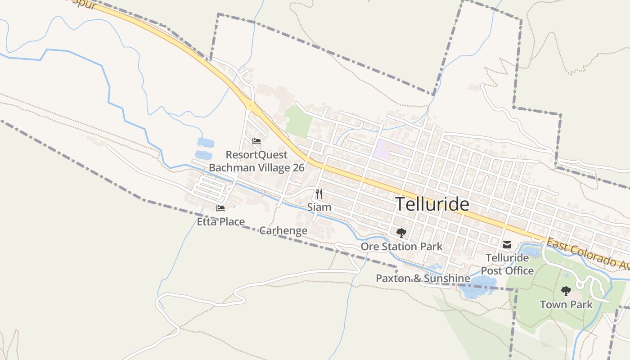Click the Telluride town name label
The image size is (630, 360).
[432, 204]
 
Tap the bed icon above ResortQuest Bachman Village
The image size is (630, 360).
[256, 141]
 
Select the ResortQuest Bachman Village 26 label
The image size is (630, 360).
[256, 161]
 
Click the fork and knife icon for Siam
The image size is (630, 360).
[319, 194]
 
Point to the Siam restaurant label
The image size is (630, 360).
[319, 207]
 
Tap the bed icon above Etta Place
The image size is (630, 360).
[220, 208]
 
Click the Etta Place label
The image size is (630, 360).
[221, 222]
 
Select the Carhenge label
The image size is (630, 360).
[283, 231]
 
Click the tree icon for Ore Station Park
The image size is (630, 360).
[401, 233]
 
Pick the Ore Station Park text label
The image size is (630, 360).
[401, 247]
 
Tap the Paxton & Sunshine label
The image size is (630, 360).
[423, 279]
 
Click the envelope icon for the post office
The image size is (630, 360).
[507, 245]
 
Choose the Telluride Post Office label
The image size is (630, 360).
[507, 264]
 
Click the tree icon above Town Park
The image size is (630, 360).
[566, 291]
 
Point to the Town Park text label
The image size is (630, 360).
[566, 305]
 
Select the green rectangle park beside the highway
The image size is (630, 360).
[299, 121]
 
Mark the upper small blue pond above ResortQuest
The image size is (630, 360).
[206, 143]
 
